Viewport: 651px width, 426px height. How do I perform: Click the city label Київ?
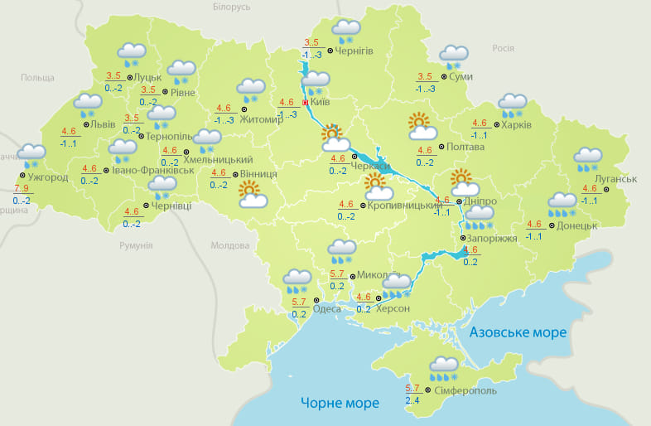(x=320, y=104)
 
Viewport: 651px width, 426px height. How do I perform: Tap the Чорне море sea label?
(x=340, y=404)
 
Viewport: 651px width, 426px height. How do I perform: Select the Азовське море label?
(x=518, y=332)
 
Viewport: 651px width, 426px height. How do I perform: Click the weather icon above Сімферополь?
(x=444, y=368)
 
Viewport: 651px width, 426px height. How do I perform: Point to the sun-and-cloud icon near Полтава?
(x=422, y=127)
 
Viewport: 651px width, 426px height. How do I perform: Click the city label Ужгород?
(x=47, y=177)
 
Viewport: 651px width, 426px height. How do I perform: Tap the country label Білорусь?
(x=231, y=7)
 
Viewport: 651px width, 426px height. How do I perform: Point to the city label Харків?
(x=517, y=125)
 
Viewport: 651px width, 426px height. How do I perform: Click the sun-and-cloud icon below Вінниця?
(x=253, y=196)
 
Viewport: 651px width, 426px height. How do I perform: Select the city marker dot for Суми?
(x=443, y=77)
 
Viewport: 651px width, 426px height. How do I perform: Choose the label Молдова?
(x=229, y=246)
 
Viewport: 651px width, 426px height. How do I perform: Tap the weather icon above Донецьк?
(x=562, y=203)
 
